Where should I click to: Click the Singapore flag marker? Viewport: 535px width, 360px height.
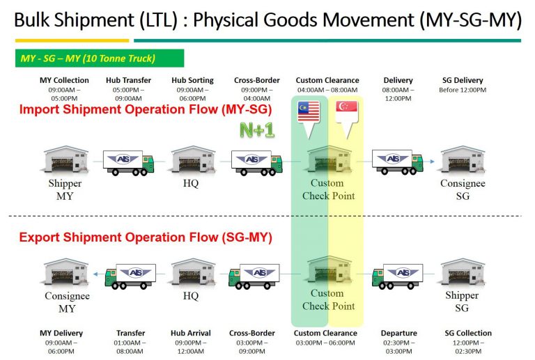(346, 111)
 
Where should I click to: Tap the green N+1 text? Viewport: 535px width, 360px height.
(257, 130)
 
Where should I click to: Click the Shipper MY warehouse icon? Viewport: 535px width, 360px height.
(65, 161)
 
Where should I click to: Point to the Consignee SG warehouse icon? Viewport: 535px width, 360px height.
(463, 161)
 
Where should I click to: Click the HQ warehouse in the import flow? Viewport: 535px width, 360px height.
(191, 161)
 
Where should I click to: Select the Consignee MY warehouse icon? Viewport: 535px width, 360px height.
(66, 272)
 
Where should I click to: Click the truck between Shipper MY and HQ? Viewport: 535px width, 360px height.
(128, 162)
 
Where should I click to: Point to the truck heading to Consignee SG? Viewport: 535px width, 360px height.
(398, 162)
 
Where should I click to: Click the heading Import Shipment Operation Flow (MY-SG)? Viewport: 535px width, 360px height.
(146, 109)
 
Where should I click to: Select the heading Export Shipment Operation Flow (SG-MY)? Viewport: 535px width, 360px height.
(146, 237)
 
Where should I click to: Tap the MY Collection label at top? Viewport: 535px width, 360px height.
(64, 81)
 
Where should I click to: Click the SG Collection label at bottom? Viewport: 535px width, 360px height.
(468, 333)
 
